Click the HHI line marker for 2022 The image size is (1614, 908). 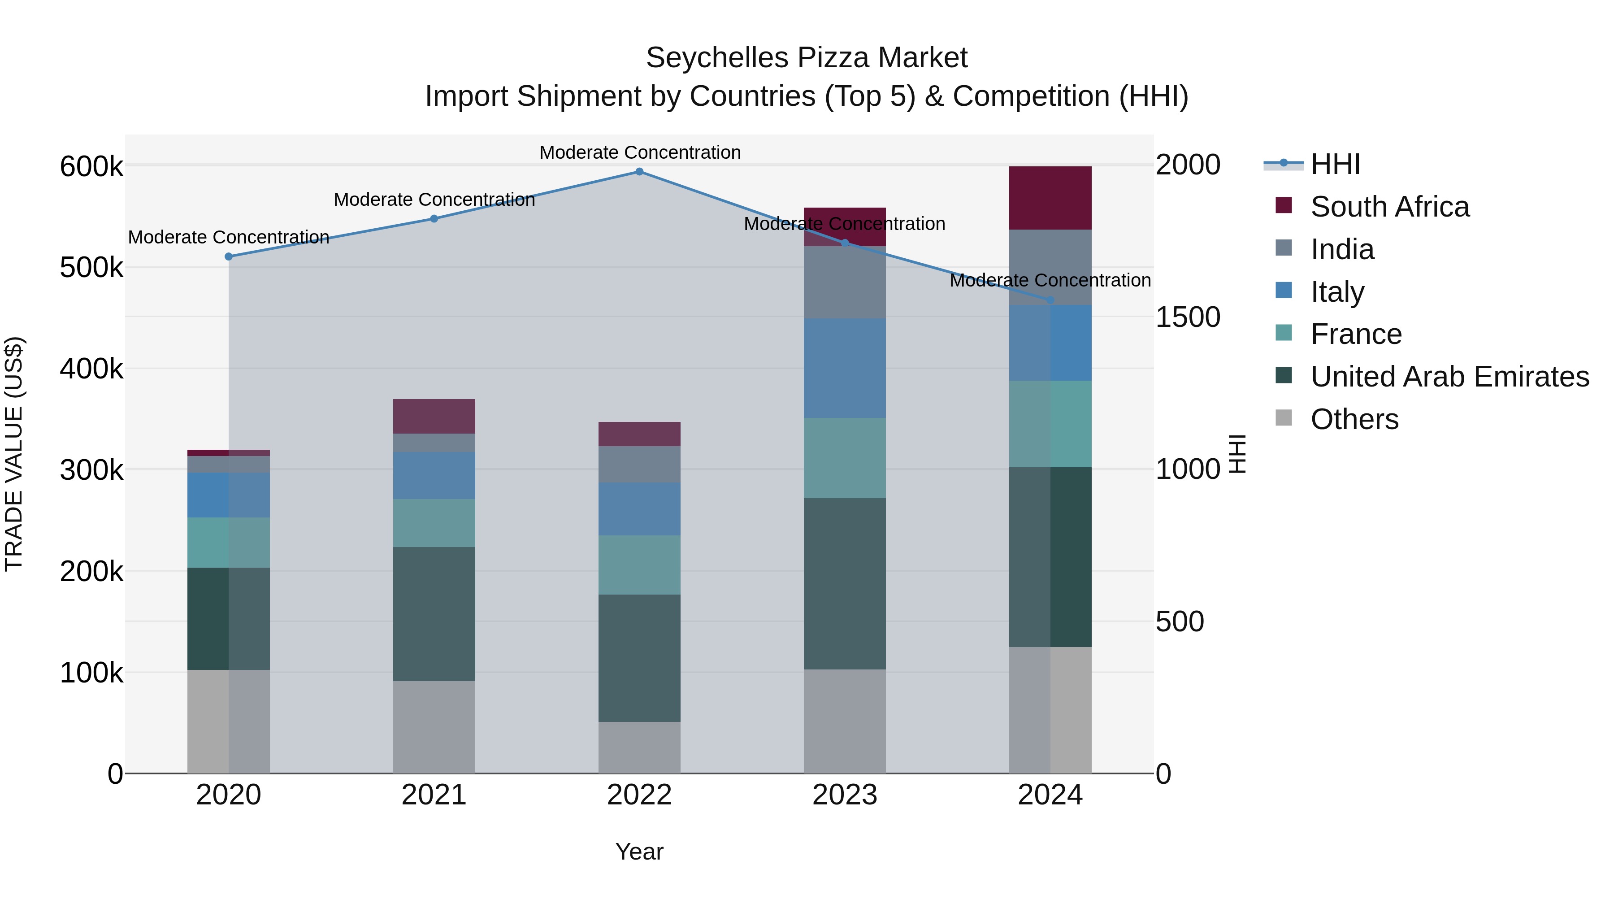pyautogui.click(x=639, y=172)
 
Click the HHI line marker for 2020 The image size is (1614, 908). pyautogui.click(x=229, y=256)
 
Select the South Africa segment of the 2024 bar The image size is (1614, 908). pyautogui.click(x=1050, y=198)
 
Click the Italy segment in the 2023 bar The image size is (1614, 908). pyautogui.click(x=845, y=368)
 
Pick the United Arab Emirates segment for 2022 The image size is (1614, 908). pyautogui.click(x=639, y=658)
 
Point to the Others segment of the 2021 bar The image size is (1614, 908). pyautogui.click(x=434, y=727)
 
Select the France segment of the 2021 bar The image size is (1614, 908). pyautogui.click(x=434, y=523)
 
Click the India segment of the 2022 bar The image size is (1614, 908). pyautogui.click(x=639, y=465)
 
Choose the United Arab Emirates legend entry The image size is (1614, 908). pyautogui.click(x=1449, y=377)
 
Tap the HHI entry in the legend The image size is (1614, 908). pyautogui.click(x=1335, y=164)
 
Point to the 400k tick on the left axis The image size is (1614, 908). pyautogui.click(x=91, y=369)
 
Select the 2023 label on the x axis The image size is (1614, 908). pyautogui.click(x=845, y=795)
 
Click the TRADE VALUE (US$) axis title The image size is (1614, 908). pyautogui.click(x=14, y=454)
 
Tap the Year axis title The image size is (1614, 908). pyautogui.click(x=639, y=852)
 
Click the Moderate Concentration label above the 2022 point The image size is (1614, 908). pyautogui.click(x=640, y=152)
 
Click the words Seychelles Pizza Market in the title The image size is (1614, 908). pyautogui.click(x=807, y=58)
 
